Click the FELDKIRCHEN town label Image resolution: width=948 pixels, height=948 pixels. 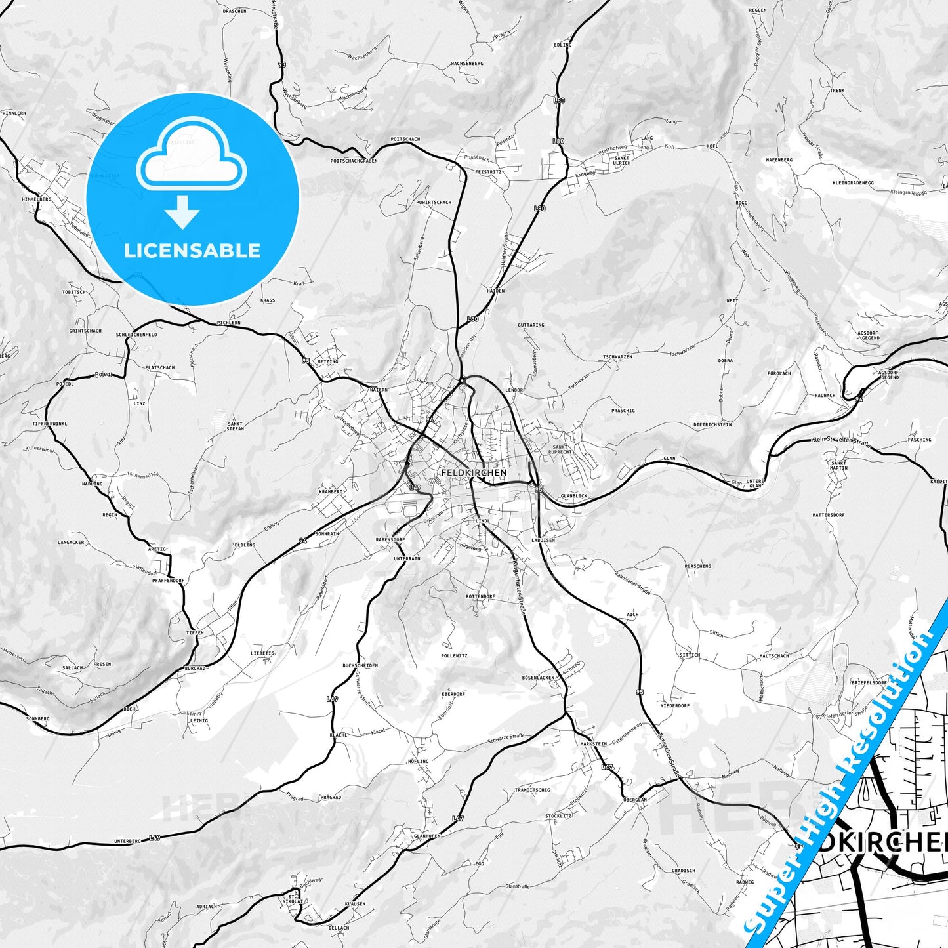pyautogui.click(x=474, y=472)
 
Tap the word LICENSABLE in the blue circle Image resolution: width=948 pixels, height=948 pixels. pyautogui.click(x=192, y=251)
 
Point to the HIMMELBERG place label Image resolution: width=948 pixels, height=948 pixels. pyautogui.click(x=36, y=199)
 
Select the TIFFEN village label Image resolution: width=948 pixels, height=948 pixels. pyautogui.click(x=195, y=633)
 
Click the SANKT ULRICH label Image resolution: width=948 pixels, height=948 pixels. pyautogui.click(x=621, y=160)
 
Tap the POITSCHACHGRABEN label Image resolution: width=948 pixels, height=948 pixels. pyautogui.click(x=354, y=161)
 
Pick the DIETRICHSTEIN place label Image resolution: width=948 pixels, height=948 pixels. pyautogui.click(x=712, y=424)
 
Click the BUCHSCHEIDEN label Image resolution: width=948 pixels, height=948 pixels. pyautogui.click(x=360, y=665)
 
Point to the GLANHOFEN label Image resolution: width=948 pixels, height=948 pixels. pyautogui.click(x=427, y=836)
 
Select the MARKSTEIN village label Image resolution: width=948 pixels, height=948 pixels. pyautogui.click(x=594, y=744)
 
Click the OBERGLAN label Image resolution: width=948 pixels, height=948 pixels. pyautogui.click(x=635, y=800)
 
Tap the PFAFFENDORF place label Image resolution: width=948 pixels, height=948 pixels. pyautogui.click(x=168, y=581)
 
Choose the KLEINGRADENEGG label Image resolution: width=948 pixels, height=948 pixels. pyautogui.click(x=854, y=183)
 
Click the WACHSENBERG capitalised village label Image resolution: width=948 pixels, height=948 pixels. pyautogui.click(x=467, y=64)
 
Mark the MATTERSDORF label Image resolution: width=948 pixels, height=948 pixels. pyautogui.click(x=828, y=515)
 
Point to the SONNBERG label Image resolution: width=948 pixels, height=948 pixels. pyautogui.click(x=37, y=718)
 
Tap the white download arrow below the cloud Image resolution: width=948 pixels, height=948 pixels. pyautogui.click(x=182, y=212)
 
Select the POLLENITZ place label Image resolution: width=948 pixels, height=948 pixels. pyautogui.click(x=454, y=656)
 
